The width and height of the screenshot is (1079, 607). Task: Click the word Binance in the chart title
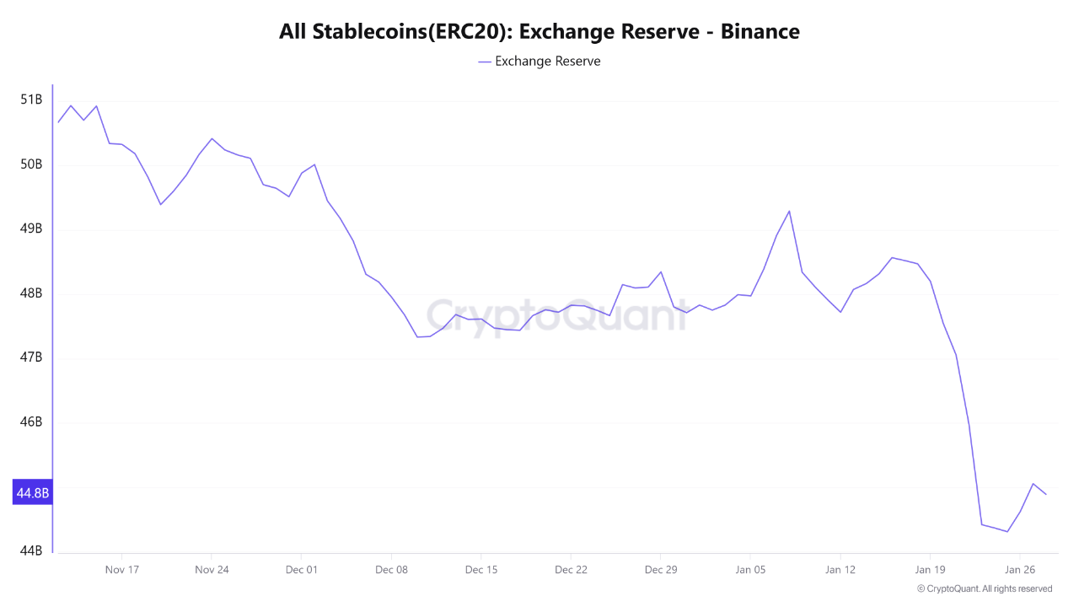pyautogui.click(x=760, y=32)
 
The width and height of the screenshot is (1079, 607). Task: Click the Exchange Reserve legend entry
pyautogui.click(x=539, y=62)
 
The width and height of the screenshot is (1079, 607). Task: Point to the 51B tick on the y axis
pyautogui.click(x=31, y=99)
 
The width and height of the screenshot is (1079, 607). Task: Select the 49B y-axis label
pyautogui.click(x=31, y=228)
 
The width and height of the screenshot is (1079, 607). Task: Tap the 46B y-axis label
pyautogui.click(x=31, y=422)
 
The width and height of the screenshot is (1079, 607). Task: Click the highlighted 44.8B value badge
pyautogui.click(x=32, y=492)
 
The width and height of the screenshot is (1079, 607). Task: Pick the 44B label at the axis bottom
pyautogui.click(x=31, y=551)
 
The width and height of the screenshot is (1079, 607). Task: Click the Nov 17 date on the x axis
pyautogui.click(x=121, y=570)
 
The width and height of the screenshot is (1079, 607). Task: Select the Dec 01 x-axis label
pyautogui.click(x=301, y=570)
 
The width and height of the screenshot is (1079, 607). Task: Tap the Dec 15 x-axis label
pyautogui.click(x=480, y=570)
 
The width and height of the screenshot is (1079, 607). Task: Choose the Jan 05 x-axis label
pyautogui.click(x=750, y=570)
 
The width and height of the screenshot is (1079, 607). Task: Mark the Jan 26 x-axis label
pyautogui.click(x=1020, y=570)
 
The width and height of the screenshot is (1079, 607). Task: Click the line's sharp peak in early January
pyautogui.click(x=789, y=211)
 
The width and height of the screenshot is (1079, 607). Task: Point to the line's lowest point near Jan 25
pyautogui.click(x=1007, y=531)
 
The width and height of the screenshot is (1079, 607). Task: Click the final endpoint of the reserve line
pyautogui.click(x=1046, y=494)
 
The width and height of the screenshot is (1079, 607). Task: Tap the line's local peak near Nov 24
pyautogui.click(x=212, y=138)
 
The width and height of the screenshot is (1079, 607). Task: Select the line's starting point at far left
pyautogui.click(x=58, y=122)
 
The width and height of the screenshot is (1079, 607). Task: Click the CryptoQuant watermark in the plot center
pyautogui.click(x=556, y=315)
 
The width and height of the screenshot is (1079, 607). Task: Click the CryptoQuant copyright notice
pyautogui.click(x=985, y=588)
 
